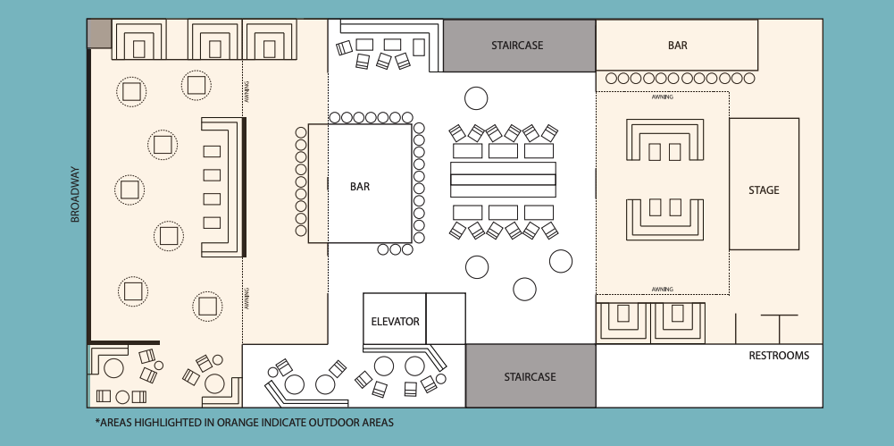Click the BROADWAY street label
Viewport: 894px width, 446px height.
pyautogui.click(x=76, y=194)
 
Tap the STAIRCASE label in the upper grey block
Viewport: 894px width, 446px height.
pyautogui.click(x=517, y=45)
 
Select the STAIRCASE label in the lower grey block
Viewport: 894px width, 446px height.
pyautogui.click(x=530, y=376)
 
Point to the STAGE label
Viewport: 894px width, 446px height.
pyautogui.click(x=764, y=190)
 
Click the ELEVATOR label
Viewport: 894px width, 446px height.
pyautogui.click(x=395, y=322)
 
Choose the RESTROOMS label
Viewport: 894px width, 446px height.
pyautogui.click(x=779, y=356)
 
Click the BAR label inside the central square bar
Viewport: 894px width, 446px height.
pyautogui.click(x=360, y=187)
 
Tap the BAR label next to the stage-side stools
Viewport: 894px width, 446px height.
pyautogui.click(x=678, y=45)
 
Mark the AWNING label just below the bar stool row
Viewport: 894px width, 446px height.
pyautogui.click(x=662, y=97)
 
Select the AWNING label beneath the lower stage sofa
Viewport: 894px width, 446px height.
pyautogui.click(x=662, y=289)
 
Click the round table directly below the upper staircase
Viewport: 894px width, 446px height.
pyautogui.click(x=476, y=97)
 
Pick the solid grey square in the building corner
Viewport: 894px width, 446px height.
pyautogui.click(x=99, y=34)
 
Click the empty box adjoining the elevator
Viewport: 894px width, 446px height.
pyautogui.click(x=446, y=318)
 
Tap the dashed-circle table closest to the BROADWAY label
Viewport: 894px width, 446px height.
pyautogui.click(x=130, y=189)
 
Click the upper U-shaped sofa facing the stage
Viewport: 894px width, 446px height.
pyautogui.click(x=665, y=141)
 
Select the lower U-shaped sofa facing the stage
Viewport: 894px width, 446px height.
pyautogui.click(x=665, y=217)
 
